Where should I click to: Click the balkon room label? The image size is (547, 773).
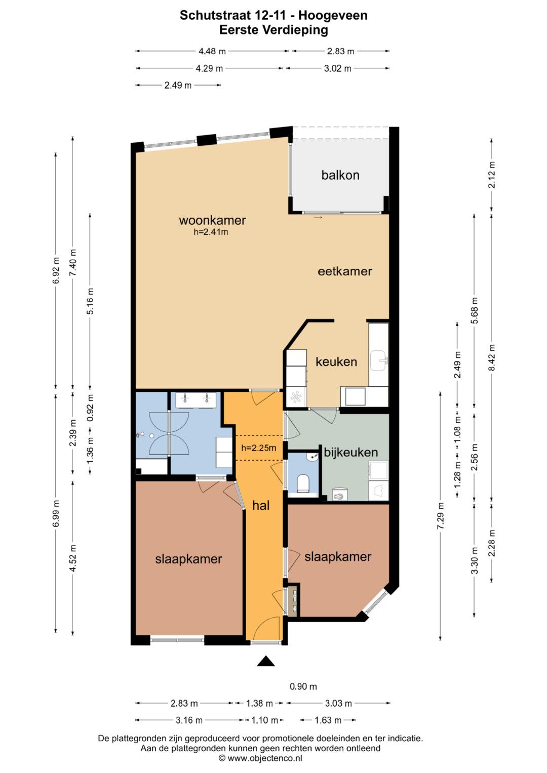coord(340,175)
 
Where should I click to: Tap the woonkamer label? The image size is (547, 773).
coord(212,220)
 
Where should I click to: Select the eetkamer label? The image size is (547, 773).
coord(344,271)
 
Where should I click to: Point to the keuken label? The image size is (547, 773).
coord(336,362)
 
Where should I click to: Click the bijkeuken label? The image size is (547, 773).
coord(351,453)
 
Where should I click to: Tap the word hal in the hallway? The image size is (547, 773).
coord(261,506)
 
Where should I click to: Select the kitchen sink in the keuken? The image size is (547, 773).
coord(379,361)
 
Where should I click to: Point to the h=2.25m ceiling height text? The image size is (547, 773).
coord(259,449)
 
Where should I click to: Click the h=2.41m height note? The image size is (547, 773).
coord(211,232)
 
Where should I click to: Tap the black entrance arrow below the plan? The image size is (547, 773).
coord(266,661)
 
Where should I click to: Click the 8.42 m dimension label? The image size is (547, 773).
coord(492,357)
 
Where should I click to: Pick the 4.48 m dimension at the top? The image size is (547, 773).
coord(212,52)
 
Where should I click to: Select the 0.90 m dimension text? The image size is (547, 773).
coord(303,687)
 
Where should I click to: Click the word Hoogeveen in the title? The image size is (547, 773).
coord(333,15)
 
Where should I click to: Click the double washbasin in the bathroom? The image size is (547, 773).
coord(196,399)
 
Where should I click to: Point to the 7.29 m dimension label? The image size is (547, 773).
coord(440,515)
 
